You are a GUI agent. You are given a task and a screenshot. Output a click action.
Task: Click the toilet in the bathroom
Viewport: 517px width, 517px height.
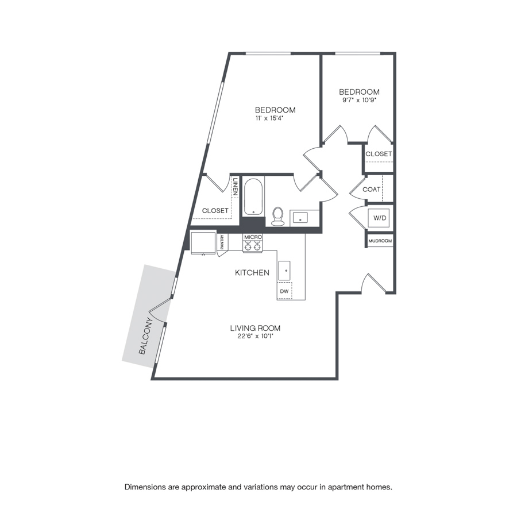(278, 217)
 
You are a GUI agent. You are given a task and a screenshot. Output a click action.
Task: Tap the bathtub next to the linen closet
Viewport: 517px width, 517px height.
(253, 197)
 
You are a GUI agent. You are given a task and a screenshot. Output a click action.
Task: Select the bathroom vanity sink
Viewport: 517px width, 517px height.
(300, 218)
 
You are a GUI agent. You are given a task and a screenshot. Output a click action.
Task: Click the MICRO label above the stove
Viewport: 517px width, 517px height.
(253, 237)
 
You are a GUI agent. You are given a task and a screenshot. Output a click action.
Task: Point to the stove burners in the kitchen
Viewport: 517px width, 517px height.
(253, 246)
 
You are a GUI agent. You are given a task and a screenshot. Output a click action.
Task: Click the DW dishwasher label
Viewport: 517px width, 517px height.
(284, 291)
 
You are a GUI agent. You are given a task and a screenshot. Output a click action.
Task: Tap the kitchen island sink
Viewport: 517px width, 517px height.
(284, 271)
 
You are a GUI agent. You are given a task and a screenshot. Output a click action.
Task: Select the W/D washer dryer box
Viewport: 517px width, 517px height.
(380, 218)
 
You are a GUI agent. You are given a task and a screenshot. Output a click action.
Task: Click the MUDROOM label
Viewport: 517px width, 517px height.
(380, 241)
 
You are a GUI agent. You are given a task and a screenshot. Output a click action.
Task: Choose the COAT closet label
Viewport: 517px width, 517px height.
(371, 189)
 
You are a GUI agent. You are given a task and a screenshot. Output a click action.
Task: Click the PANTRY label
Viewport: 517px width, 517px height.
(222, 242)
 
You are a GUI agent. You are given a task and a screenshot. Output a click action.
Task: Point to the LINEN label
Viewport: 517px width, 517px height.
(236, 187)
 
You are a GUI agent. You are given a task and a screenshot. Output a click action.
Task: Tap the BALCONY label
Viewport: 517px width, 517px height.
(146, 335)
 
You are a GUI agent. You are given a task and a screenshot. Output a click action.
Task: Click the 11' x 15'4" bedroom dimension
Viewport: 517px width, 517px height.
(270, 118)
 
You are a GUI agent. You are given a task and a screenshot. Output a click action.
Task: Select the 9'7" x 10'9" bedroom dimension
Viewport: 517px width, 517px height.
(360, 99)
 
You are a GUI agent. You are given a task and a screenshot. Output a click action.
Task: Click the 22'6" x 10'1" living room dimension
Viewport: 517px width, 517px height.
(256, 336)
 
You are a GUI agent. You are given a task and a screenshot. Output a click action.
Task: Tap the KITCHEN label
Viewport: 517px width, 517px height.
(252, 272)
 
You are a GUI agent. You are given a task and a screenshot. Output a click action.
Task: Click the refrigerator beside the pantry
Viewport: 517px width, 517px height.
(203, 242)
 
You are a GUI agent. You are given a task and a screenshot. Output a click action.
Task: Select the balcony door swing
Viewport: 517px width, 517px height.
(159, 310)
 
